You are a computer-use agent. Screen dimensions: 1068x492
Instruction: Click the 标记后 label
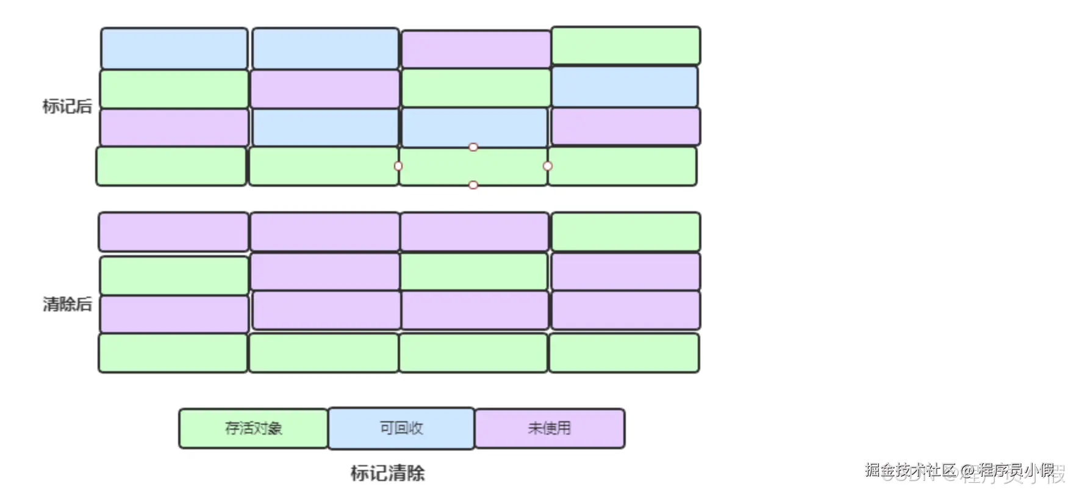click(x=67, y=106)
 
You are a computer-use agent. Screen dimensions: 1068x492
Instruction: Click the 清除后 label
click(x=67, y=303)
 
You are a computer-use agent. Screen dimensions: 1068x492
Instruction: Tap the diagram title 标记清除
click(x=387, y=473)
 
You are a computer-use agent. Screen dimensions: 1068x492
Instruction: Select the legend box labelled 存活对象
click(x=253, y=428)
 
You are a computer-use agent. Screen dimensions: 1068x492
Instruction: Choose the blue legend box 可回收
click(x=401, y=428)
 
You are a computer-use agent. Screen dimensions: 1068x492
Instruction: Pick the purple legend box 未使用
click(x=550, y=428)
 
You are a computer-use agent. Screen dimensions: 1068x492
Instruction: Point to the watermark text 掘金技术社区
click(x=910, y=470)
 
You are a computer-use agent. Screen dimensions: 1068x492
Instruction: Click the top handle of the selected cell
click(x=473, y=147)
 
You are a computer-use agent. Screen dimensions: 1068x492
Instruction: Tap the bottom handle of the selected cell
click(x=473, y=185)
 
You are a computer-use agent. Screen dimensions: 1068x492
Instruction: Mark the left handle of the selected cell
click(x=398, y=166)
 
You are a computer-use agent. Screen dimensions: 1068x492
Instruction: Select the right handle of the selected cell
click(x=547, y=166)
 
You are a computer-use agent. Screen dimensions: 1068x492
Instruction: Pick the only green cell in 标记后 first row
click(x=626, y=46)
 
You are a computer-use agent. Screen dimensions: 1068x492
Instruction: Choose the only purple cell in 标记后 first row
click(x=476, y=49)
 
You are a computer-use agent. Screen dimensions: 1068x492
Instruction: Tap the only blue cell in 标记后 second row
click(x=625, y=87)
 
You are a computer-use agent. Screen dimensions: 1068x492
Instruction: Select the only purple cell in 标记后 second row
click(x=324, y=89)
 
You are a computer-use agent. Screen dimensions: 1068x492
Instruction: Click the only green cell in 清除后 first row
click(x=626, y=232)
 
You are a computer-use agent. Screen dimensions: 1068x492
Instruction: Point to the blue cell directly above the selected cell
click(x=474, y=128)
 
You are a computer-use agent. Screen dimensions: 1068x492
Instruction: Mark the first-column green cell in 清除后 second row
click(x=174, y=275)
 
